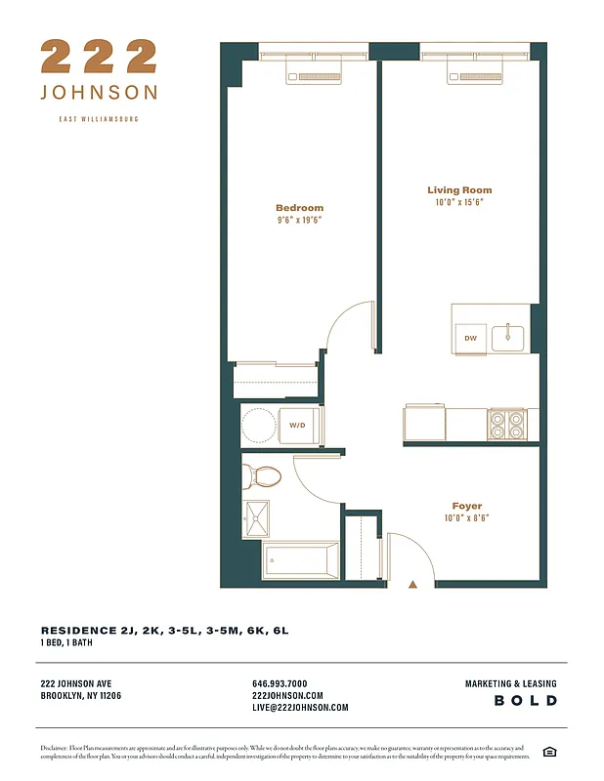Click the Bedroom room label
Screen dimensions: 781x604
tap(299, 208)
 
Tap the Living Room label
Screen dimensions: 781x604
tap(459, 190)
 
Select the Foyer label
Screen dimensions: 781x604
tap(466, 506)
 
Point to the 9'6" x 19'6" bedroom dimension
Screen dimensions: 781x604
tap(299, 221)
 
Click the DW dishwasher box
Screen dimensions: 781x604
tap(469, 338)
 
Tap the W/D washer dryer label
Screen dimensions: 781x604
tap(296, 426)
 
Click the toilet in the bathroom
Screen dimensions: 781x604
tap(262, 476)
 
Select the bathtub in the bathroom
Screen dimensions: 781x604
tap(300, 560)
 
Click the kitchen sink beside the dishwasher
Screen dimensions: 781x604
tap(507, 338)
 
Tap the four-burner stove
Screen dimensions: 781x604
tap(507, 424)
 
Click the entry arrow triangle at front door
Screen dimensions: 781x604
tap(412, 584)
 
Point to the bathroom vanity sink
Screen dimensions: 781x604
tap(257, 518)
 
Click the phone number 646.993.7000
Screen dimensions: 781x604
tap(280, 684)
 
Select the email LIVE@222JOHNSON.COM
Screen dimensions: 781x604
tap(300, 708)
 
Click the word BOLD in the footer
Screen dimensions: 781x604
tap(525, 701)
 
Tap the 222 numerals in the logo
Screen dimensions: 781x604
tap(99, 57)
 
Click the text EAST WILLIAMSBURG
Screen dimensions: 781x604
tap(99, 119)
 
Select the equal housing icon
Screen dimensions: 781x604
tap(549, 751)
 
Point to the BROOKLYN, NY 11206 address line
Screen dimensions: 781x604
tap(81, 696)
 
